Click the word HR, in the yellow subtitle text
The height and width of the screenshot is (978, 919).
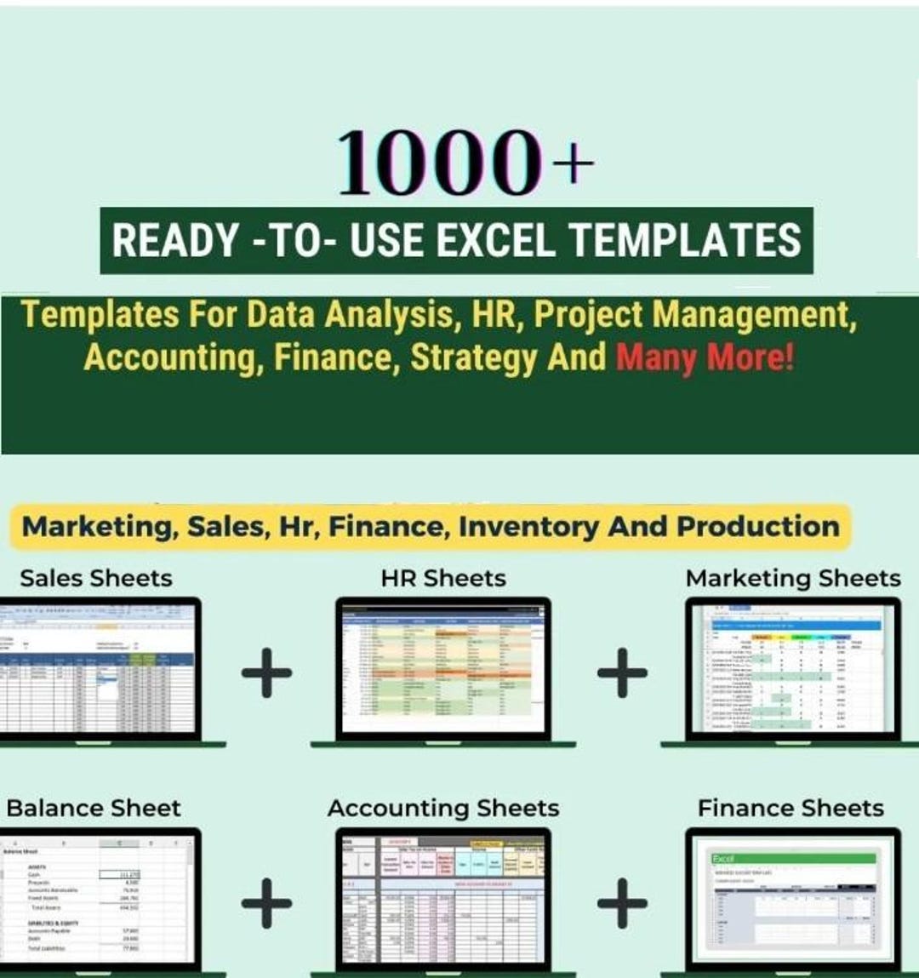494,315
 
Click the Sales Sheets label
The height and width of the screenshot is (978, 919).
95,579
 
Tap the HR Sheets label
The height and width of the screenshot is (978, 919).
442,579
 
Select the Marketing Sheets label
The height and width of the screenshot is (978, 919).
792,579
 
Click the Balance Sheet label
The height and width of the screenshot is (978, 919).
94,808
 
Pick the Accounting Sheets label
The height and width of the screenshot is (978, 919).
442,808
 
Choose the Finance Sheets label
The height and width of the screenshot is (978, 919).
791,808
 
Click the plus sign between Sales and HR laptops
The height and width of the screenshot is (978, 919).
266,672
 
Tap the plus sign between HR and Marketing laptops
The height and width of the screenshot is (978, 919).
622,672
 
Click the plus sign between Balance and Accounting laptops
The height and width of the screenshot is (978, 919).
266,901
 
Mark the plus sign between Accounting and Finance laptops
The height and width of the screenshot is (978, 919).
622,901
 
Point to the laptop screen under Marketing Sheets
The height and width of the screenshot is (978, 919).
791,668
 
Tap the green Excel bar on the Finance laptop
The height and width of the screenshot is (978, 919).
793,858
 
